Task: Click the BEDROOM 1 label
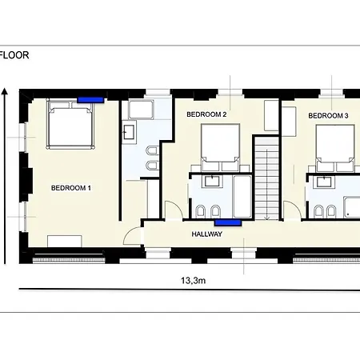(x=71, y=188)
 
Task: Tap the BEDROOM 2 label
(x=206, y=114)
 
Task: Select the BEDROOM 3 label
(x=328, y=115)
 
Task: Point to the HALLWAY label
(x=207, y=234)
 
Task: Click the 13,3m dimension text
(x=193, y=281)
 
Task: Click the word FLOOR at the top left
(x=14, y=55)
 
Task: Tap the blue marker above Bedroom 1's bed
(x=90, y=100)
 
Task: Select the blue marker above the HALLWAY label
(x=228, y=222)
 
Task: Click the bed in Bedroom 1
(x=70, y=124)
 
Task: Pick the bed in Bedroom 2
(x=220, y=147)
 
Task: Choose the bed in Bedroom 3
(x=335, y=148)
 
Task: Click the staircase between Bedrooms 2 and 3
(x=267, y=178)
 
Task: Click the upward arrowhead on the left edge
(x=4, y=91)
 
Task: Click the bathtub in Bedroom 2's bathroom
(x=242, y=197)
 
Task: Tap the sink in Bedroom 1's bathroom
(x=129, y=132)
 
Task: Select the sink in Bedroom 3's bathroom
(x=324, y=182)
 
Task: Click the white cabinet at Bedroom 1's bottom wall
(x=65, y=241)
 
